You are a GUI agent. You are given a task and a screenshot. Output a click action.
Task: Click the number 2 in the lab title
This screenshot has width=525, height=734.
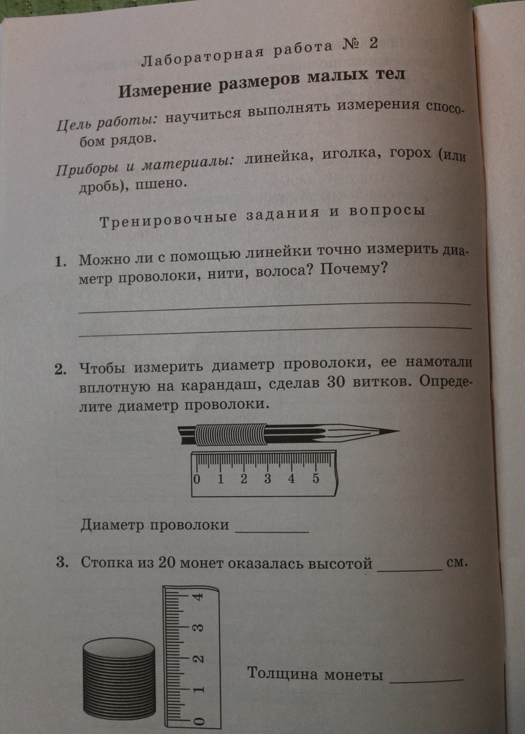pyautogui.click(x=373, y=44)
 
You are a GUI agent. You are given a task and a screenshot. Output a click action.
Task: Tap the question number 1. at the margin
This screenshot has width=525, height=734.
pyautogui.click(x=60, y=262)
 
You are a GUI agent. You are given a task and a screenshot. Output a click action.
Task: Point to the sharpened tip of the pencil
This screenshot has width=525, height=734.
pyautogui.click(x=394, y=431)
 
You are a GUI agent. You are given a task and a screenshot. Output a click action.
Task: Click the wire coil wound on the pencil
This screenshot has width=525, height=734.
pyautogui.click(x=227, y=435)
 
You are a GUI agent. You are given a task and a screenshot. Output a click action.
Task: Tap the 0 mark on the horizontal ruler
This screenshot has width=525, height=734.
pyautogui.click(x=197, y=479)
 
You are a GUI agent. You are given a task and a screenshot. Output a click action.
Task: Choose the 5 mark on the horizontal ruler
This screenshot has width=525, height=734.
pyautogui.click(x=315, y=478)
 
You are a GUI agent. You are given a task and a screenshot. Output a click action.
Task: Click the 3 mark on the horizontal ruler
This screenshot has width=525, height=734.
pyautogui.click(x=268, y=478)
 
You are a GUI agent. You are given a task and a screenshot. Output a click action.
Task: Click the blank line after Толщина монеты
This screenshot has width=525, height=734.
pyautogui.click(x=426, y=678)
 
